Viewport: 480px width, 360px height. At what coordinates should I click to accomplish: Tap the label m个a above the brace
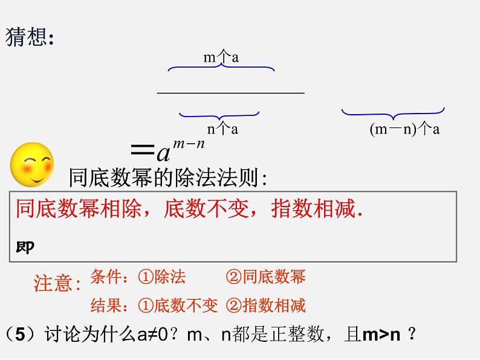(221, 57)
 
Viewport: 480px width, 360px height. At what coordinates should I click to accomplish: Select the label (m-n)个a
(404, 129)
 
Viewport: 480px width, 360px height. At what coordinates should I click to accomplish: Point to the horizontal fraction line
(230, 93)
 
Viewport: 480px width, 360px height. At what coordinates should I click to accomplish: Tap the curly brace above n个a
(219, 114)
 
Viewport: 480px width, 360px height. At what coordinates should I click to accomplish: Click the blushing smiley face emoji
(31, 164)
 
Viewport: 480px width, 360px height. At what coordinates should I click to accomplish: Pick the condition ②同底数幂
(265, 277)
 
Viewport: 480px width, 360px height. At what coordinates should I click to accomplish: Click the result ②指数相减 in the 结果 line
(265, 306)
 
